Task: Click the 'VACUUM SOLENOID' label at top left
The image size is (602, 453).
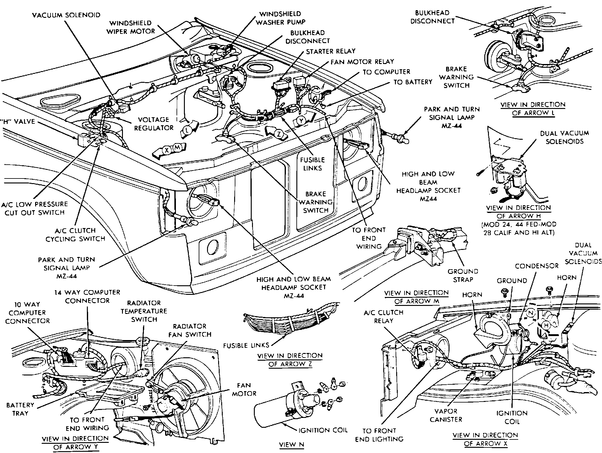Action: click(66, 15)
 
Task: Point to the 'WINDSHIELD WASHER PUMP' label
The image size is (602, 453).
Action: click(280, 18)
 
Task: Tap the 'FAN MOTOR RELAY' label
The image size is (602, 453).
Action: click(362, 62)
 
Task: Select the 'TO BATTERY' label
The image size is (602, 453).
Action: click(413, 82)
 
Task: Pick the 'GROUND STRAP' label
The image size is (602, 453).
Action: click(463, 275)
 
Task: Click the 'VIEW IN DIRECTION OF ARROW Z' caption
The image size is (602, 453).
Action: click(290, 360)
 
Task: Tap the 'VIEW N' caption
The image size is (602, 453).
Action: click(291, 444)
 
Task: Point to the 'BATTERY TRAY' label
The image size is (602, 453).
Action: click(20, 409)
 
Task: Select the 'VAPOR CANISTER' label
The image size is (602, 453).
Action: click(446, 415)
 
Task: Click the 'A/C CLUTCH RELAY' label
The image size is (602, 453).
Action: click(384, 316)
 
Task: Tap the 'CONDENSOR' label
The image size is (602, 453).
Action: click(537, 266)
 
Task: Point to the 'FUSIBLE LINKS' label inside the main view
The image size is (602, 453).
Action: click(312, 164)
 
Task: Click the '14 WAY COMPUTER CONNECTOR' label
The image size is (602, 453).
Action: click(87, 296)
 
